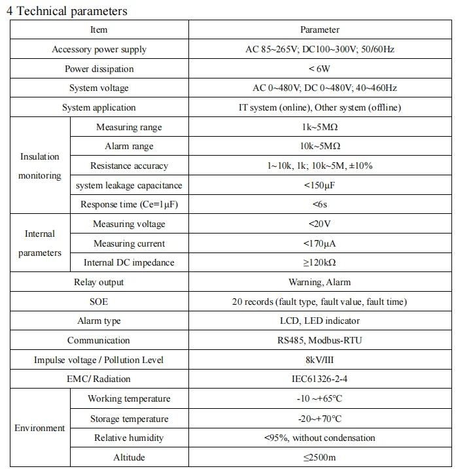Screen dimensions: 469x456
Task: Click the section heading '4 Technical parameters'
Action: [67, 11]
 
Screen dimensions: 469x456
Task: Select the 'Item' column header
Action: [99, 30]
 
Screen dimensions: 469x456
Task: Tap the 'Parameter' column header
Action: [320, 30]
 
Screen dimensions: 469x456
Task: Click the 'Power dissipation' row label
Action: [99, 69]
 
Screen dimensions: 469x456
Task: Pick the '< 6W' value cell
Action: [320, 69]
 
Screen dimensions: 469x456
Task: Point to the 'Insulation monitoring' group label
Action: [39, 166]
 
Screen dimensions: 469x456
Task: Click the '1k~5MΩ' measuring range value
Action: [320, 127]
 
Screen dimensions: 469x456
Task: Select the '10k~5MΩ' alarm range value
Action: [320, 147]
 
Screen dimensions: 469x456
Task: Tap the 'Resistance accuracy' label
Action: [129, 166]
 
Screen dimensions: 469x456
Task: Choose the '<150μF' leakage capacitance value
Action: [320, 185]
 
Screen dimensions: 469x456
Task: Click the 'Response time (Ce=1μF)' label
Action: [129, 205]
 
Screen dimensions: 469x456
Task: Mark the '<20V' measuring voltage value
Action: [320, 224]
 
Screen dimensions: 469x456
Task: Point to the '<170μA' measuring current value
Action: [320, 244]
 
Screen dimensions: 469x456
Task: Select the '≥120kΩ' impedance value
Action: [320, 263]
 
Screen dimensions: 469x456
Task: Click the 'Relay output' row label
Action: [99, 283]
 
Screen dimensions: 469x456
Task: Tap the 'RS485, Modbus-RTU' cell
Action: [320, 340]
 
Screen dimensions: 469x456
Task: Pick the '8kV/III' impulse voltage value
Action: [320, 360]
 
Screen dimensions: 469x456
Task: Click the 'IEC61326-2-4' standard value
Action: [320, 379]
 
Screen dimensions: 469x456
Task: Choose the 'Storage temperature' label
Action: [129, 419]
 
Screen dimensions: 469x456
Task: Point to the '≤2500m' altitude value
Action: [320, 457]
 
